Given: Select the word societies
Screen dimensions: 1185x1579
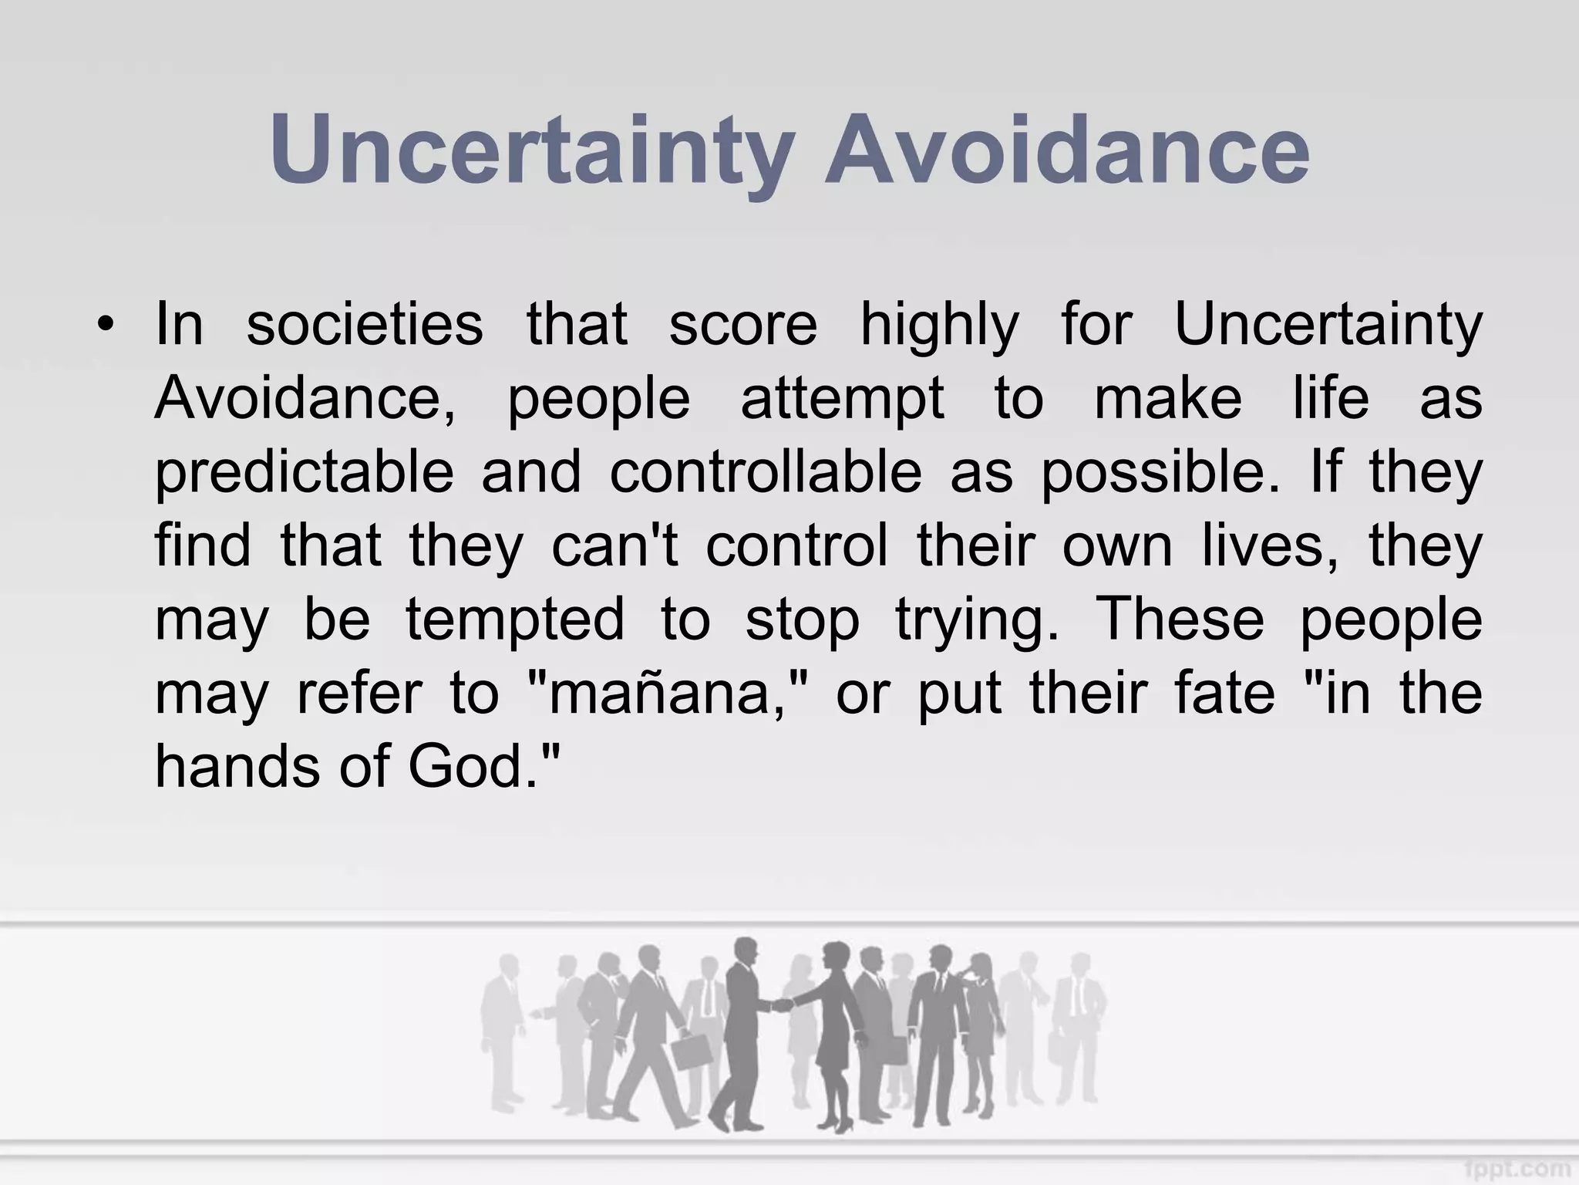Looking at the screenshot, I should tap(365, 325).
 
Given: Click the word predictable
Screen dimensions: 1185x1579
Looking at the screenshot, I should tap(305, 474).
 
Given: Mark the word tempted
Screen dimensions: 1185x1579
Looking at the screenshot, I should tap(515, 621).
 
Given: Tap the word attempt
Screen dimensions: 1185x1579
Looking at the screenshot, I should tap(842, 400).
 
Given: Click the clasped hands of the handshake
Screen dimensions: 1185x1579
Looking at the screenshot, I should tap(782, 1004).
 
